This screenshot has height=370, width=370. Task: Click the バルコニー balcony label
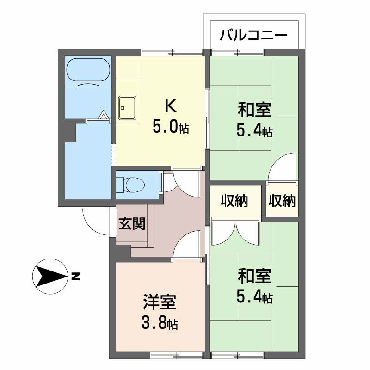254,35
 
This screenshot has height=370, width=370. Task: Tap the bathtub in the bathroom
88,71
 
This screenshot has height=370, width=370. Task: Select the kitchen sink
127,108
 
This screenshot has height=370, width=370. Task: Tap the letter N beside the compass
75,277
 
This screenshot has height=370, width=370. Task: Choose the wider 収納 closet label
234,201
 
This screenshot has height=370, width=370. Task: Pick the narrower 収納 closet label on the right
282,201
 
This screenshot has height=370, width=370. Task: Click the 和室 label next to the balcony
254,111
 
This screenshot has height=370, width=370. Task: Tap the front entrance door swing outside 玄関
95,221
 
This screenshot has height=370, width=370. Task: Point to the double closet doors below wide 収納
236,234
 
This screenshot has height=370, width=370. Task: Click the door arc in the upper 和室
282,166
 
